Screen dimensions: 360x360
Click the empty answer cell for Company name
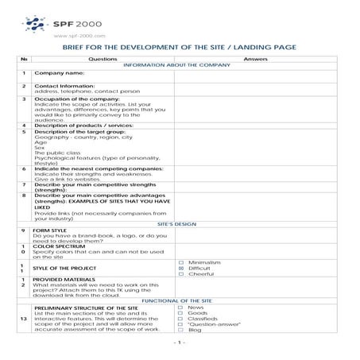click(255, 74)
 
